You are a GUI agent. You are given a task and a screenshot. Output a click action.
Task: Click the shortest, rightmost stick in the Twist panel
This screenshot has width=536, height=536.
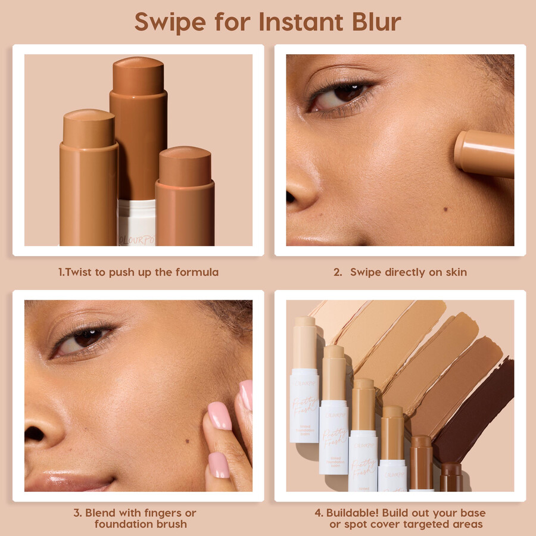[x=185, y=197]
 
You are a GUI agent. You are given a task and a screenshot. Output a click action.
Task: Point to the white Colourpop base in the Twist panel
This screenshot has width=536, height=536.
[x=136, y=223]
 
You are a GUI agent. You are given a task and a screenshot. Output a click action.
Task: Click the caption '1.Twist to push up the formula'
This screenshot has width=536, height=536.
[x=138, y=272]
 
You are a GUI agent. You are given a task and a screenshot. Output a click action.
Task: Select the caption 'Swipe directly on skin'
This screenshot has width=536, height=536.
[x=408, y=272]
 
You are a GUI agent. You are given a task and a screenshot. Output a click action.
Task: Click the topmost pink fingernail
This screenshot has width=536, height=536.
[x=245, y=395]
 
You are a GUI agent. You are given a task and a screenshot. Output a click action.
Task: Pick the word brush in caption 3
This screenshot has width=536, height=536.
[x=170, y=524]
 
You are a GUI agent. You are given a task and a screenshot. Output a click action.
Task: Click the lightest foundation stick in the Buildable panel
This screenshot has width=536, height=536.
[x=304, y=381]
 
